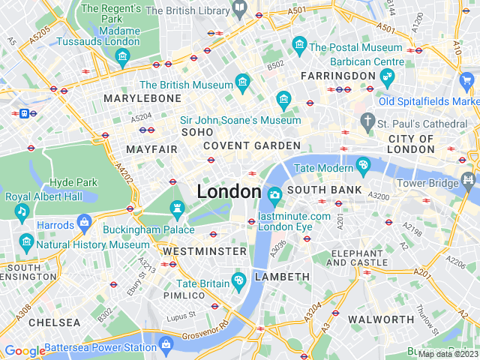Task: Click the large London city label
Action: pos(229,192)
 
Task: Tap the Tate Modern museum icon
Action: pos(364,164)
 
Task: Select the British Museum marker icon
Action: pos(242,80)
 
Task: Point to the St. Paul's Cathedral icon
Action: pos(367,120)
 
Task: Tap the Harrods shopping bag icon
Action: pos(84,223)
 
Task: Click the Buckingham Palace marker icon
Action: pos(177,208)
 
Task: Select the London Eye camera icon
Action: pos(275,196)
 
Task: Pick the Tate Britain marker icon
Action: pos(239,281)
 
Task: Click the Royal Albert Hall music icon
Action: pos(22,211)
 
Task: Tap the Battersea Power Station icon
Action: pos(166,344)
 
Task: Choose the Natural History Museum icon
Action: pos(27,241)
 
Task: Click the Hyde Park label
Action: pos(73,182)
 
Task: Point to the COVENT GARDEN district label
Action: pos(252,145)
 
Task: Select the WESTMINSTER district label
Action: pos(205,250)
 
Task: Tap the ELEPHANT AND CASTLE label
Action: pos(357,258)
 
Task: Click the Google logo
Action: pos(25,351)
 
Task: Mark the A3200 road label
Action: pos(379,196)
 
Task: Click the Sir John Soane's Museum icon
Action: pos(283,100)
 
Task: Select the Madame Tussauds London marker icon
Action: pos(124,56)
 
